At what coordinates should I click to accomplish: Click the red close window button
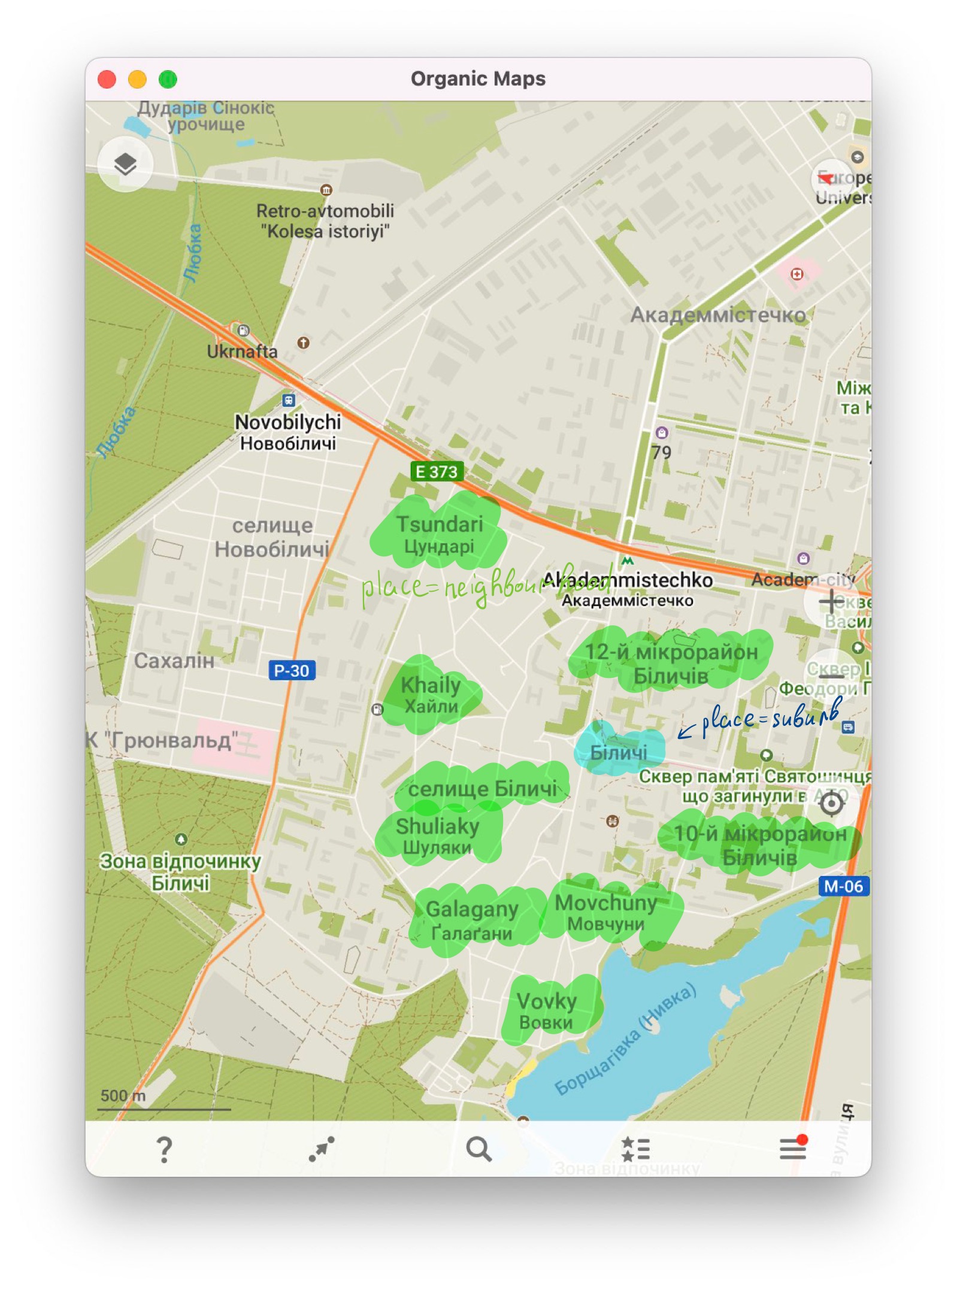pos(107,79)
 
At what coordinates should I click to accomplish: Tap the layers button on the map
pos(125,163)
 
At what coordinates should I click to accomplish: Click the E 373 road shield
pos(437,472)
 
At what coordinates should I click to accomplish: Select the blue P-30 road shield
pos(291,670)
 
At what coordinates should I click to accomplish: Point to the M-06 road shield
pos(843,886)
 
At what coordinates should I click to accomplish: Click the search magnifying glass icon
pos(478,1149)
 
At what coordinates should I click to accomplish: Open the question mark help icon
pos(164,1149)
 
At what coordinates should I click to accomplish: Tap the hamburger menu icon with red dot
pos(792,1148)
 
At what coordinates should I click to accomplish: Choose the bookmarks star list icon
pos(635,1149)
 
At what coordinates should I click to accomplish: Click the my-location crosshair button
pos(831,803)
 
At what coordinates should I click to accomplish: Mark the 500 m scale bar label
pos(123,1095)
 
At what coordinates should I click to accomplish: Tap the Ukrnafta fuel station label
pos(242,352)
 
